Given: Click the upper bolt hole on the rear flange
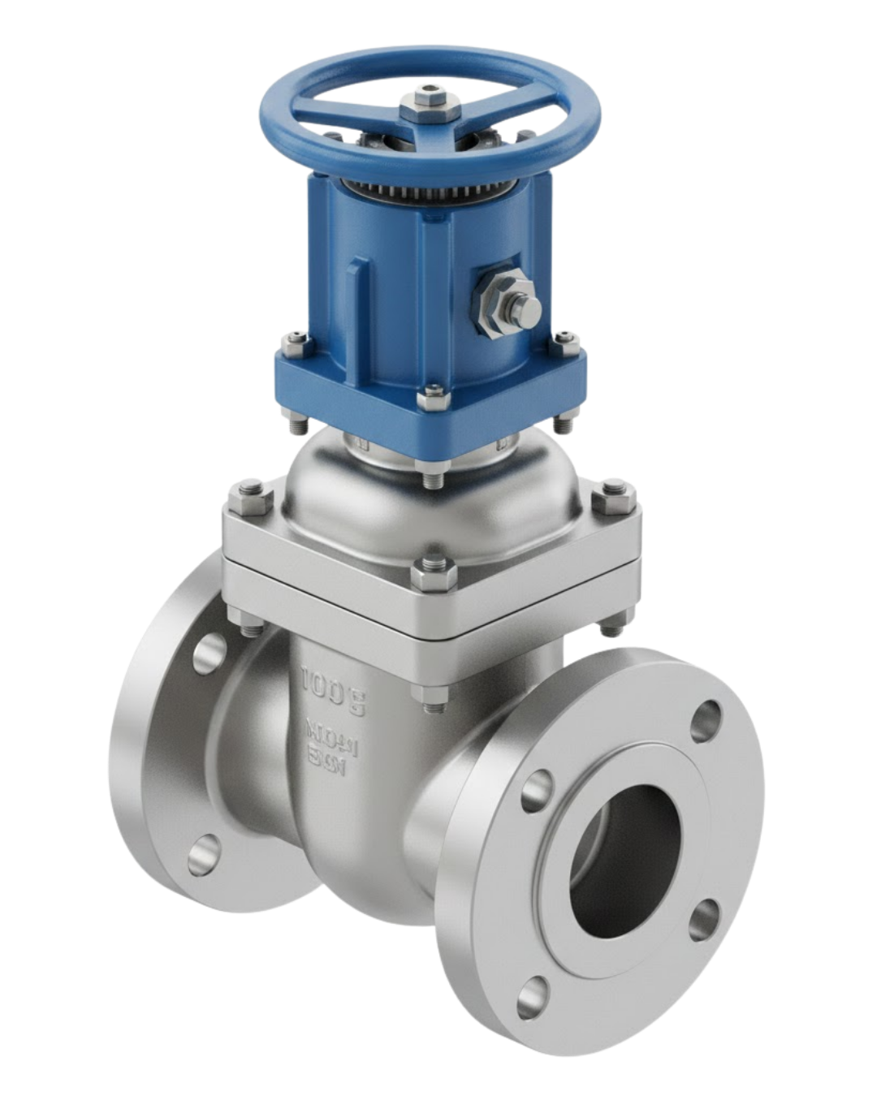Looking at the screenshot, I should [210, 649].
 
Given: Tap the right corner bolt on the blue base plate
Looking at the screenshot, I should [566, 342].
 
